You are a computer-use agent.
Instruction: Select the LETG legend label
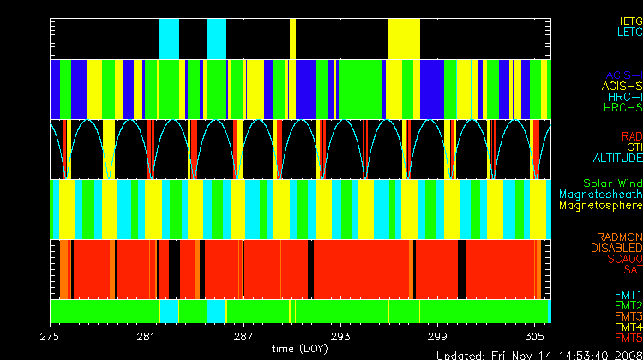(x=628, y=32)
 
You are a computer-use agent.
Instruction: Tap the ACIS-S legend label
(x=622, y=86)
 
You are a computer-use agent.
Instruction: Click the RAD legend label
(x=632, y=136)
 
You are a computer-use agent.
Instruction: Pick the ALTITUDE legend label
(x=617, y=159)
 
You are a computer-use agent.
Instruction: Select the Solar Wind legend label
(x=612, y=183)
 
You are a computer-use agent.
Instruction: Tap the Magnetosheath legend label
(x=600, y=195)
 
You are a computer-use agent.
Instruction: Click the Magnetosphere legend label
(x=600, y=206)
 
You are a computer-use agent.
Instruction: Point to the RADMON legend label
(x=621, y=237)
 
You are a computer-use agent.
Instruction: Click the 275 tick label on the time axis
(x=51, y=337)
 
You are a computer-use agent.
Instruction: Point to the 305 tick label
(x=533, y=337)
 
